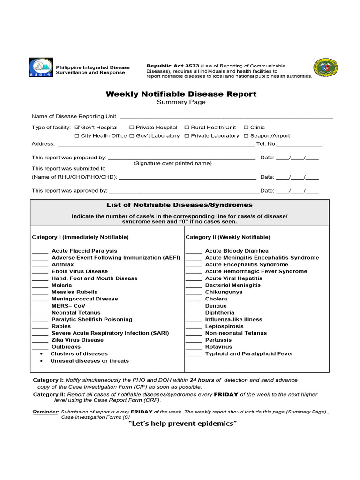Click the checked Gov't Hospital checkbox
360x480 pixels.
click(77, 127)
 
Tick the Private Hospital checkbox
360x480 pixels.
click(132, 127)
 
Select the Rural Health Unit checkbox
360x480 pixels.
click(187, 127)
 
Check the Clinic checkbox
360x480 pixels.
click(246, 127)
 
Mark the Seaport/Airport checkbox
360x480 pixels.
click(246, 136)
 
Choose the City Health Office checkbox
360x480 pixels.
click(77, 136)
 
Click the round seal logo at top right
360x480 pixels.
click(325, 68)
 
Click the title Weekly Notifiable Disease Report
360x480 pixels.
click(181, 94)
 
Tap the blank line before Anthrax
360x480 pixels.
click(40, 265)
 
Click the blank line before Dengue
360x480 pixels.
click(194, 306)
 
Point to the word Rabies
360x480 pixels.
click(61, 326)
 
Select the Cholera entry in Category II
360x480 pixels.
click(216, 299)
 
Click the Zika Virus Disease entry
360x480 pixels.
click(77, 340)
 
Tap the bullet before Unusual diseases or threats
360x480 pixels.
click(42, 361)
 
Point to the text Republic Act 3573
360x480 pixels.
click(173, 66)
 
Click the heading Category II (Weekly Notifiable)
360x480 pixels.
click(228, 237)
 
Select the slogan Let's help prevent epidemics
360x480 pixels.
click(182, 424)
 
